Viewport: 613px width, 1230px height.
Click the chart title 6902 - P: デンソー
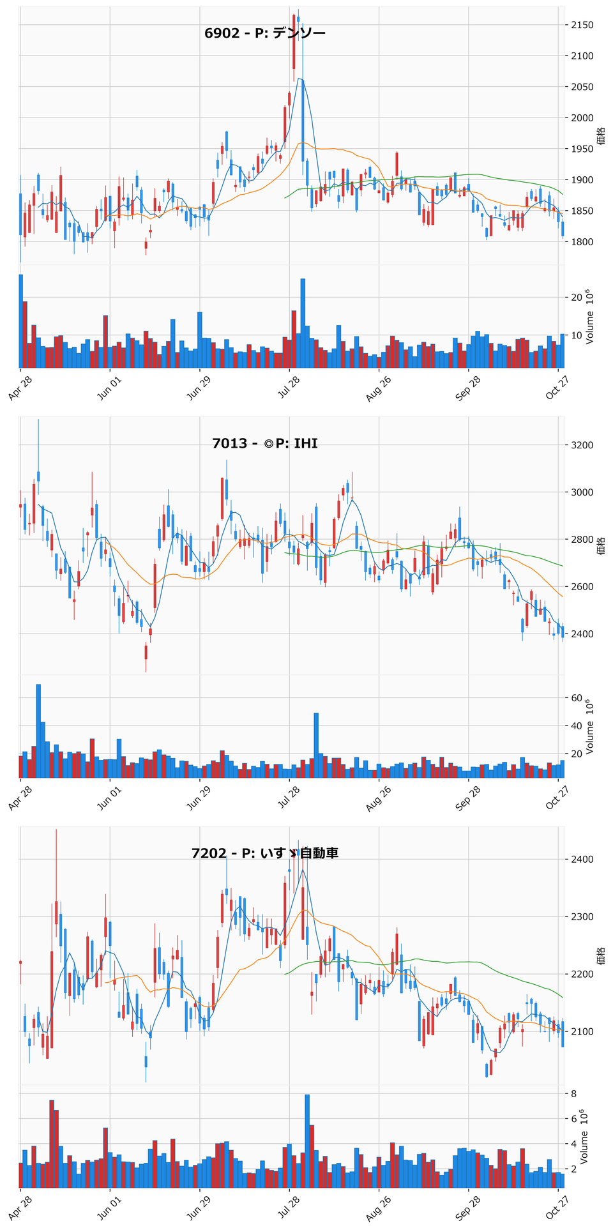pyautogui.click(x=265, y=33)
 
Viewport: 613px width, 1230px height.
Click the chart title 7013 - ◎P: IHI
pyautogui.click(x=265, y=443)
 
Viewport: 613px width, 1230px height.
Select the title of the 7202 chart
pyautogui.click(x=265, y=853)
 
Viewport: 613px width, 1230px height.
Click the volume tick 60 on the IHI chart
pyautogui.click(x=577, y=698)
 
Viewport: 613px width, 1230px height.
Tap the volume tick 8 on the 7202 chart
pyautogui.click(x=574, y=1094)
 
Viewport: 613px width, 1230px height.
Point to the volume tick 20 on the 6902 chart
pyautogui.click(x=577, y=298)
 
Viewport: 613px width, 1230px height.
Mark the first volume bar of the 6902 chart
pyautogui.click(x=20, y=321)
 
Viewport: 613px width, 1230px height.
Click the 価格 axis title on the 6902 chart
pyautogui.click(x=601, y=135)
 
